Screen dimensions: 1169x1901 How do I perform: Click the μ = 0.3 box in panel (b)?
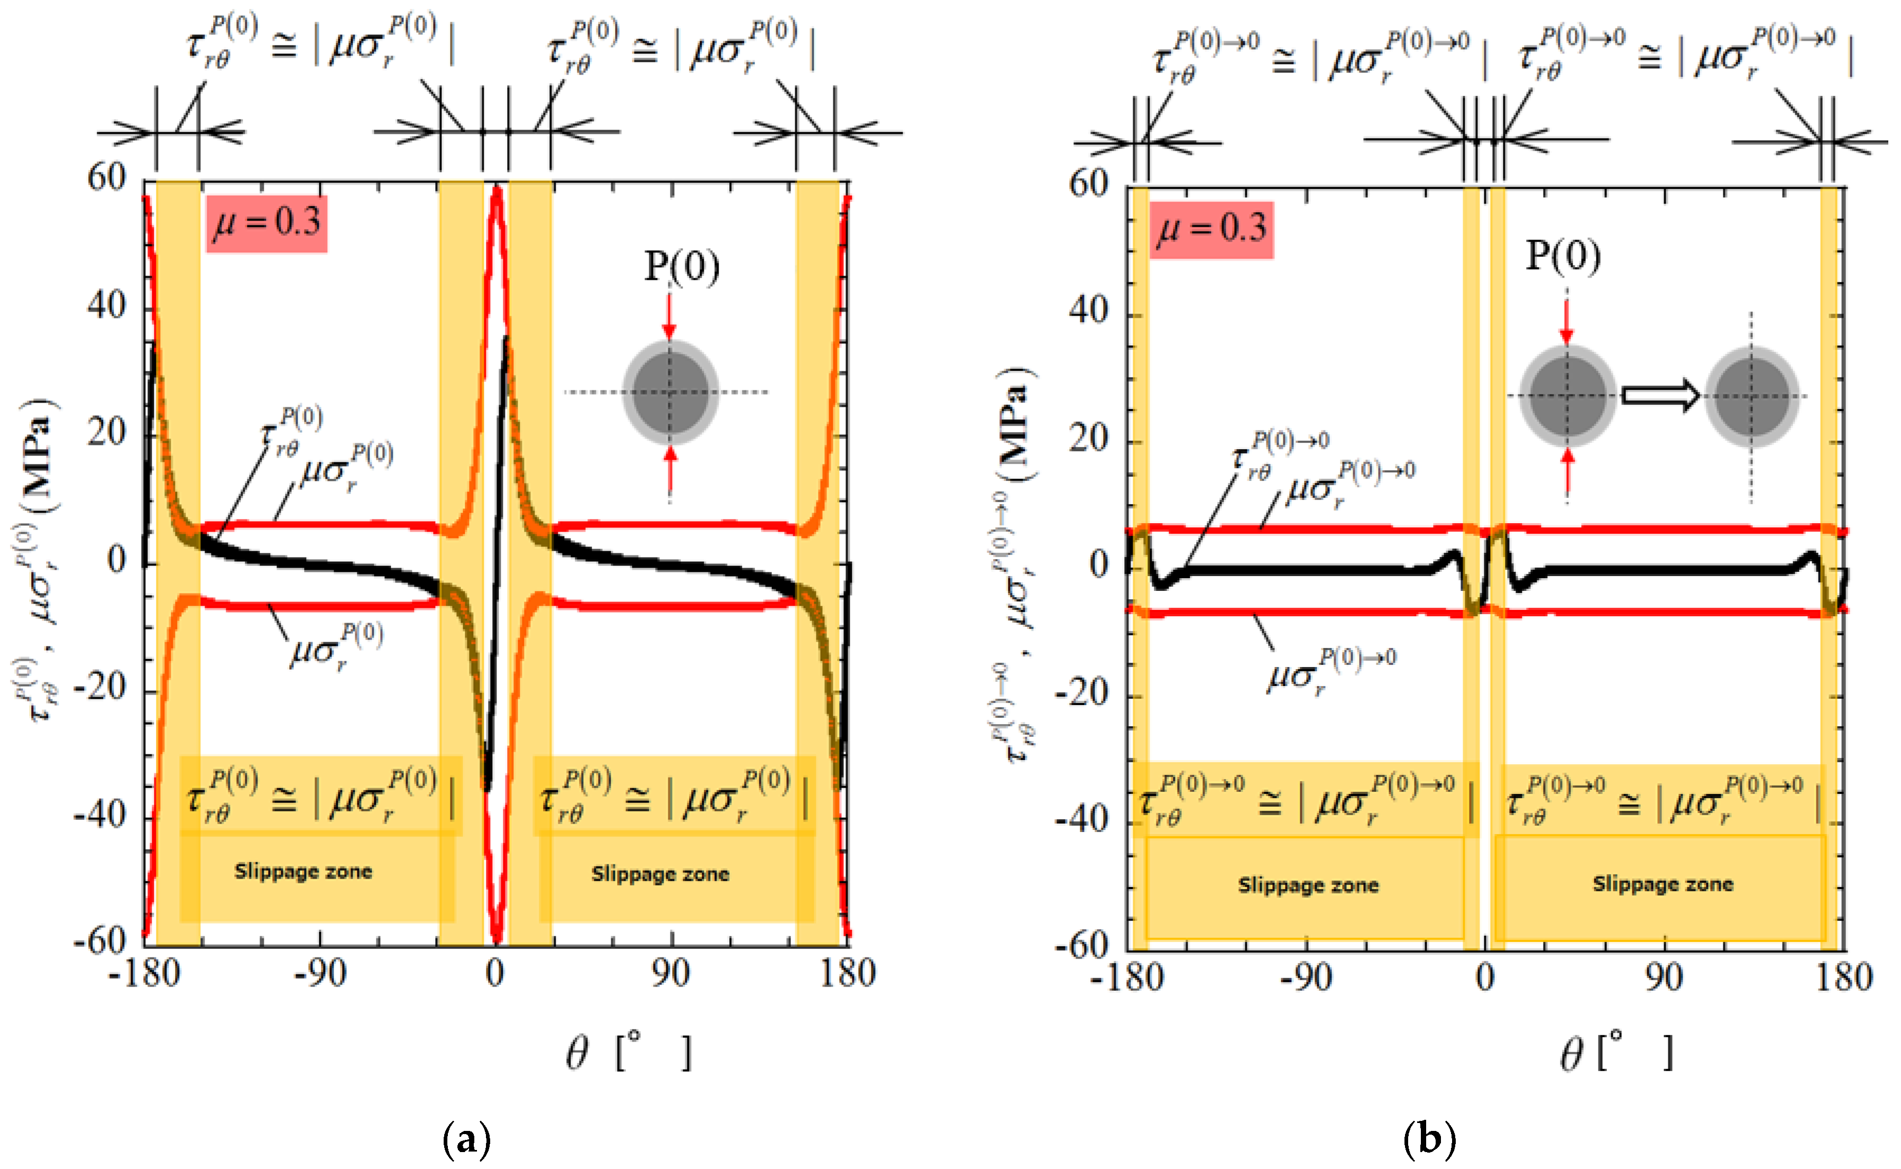pos(1211,230)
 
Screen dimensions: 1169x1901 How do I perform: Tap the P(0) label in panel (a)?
pos(682,267)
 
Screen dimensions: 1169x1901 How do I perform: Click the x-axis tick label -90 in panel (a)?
pos(320,973)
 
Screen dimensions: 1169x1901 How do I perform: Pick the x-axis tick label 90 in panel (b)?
pos(1663,978)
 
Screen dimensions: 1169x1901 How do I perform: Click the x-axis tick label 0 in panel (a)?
pos(494,973)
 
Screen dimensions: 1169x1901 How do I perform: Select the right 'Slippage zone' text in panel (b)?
pos(1663,884)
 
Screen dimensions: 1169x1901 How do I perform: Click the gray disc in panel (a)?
pos(670,393)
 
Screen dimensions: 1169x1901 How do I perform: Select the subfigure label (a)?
pos(467,1139)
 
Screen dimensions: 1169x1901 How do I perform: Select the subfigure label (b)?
pos(1429,1139)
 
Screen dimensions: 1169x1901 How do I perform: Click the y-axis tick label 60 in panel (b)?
pos(1088,184)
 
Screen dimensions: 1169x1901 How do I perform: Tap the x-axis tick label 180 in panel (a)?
pos(847,973)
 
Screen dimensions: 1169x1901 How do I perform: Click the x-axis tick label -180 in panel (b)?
pos(1127,978)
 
